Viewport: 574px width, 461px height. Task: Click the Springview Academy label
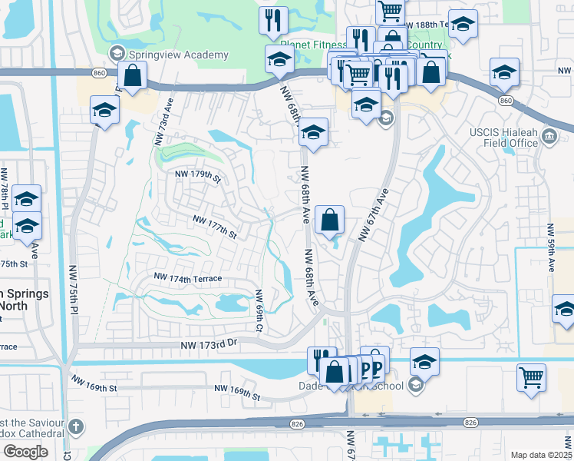coord(178,55)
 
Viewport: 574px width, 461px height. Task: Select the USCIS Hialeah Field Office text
coord(503,138)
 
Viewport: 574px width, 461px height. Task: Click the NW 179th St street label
coord(195,176)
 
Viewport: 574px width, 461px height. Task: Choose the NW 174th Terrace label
coord(188,277)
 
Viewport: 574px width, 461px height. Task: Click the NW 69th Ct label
coord(259,310)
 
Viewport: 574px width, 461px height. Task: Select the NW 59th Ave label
coord(551,248)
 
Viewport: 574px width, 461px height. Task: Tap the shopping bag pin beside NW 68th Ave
coord(329,221)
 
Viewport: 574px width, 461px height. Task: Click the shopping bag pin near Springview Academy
coord(133,76)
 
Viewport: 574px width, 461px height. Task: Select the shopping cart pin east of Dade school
coord(531,378)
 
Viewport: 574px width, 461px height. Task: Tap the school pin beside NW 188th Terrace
coord(463,25)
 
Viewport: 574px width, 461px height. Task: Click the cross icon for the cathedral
coord(75,426)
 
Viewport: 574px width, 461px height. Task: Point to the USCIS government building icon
coord(549,138)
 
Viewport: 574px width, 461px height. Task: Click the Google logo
coord(25,452)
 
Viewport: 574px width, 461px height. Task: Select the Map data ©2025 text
coord(542,455)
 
